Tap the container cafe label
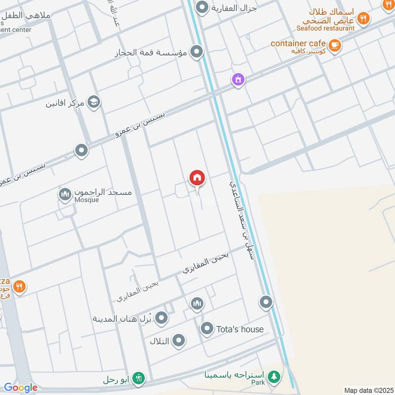[x=298, y=43]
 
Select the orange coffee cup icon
[x=335, y=45]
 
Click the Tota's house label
[x=239, y=329]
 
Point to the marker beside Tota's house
[x=206, y=328]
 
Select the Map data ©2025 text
[x=368, y=390]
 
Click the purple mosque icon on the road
[x=238, y=79]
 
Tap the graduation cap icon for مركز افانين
[x=93, y=102]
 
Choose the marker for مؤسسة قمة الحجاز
[x=197, y=52]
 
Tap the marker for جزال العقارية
[x=201, y=8]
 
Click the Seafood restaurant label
[x=326, y=28]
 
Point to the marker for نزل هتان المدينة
[x=161, y=318]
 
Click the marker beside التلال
[x=178, y=341]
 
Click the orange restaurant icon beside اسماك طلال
[x=363, y=19]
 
